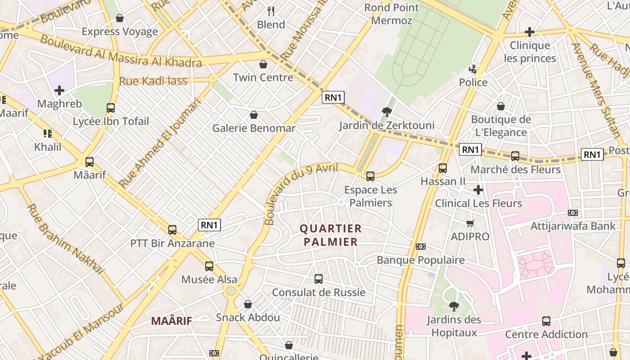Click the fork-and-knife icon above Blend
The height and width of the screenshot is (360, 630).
coord(271,11)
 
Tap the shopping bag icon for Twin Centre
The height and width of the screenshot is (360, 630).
coord(263,64)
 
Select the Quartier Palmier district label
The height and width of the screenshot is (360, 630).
coord(331,235)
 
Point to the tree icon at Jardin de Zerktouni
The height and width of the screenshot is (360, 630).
coord(387,112)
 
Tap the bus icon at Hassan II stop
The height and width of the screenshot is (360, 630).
coord(443,168)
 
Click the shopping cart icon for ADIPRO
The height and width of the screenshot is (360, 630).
coord(470,224)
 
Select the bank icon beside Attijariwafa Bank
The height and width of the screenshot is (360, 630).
coord(573,213)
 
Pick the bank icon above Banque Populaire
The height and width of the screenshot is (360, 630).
coord(421,247)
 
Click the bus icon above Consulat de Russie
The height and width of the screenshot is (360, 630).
coord(319,279)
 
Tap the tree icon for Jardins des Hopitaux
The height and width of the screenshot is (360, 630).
coord(454,306)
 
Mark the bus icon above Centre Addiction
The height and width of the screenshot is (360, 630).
coord(546,321)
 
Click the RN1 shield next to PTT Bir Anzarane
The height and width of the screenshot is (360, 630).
coord(210,225)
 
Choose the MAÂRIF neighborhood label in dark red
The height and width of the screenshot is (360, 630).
coord(171,321)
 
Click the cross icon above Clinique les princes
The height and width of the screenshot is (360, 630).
coord(530,32)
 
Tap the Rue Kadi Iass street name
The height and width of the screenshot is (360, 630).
coord(153,81)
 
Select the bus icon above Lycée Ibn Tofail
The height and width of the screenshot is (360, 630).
coord(111,108)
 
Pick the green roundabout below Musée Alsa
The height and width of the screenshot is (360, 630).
coord(231,291)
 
